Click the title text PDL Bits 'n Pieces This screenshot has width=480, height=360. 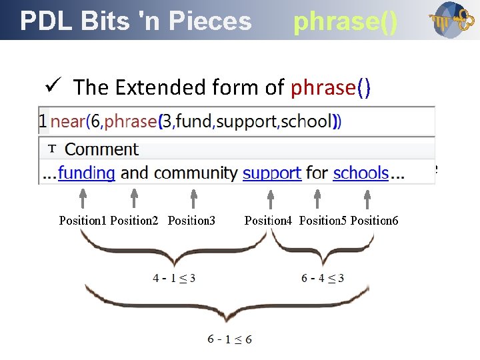(x=136, y=21)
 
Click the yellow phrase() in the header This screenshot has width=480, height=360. (x=345, y=21)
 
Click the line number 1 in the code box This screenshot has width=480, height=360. (x=43, y=121)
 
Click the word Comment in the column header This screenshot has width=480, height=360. (x=101, y=149)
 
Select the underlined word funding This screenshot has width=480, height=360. (x=86, y=173)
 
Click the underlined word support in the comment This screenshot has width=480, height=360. (x=271, y=173)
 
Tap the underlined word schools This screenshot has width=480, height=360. (x=361, y=173)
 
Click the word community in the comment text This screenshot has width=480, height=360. (x=195, y=173)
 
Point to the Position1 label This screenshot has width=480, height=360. (x=83, y=220)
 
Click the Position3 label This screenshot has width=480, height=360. (x=191, y=220)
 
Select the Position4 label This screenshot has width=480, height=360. (x=268, y=220)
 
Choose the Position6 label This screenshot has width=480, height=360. (x=374, y=220)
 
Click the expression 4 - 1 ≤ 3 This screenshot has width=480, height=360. (x=173, y=278)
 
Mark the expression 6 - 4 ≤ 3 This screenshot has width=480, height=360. (x=322, y=278)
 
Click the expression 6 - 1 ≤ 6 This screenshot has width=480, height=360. (x=229, y=339)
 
